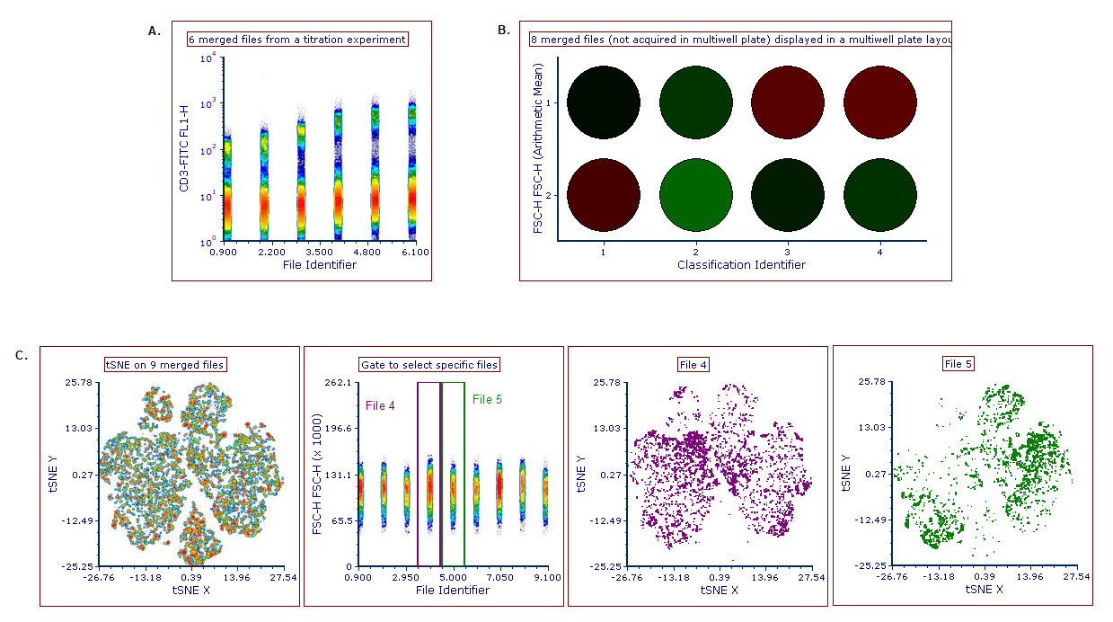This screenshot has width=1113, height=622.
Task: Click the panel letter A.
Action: pyautogui.click(x=154, y=31)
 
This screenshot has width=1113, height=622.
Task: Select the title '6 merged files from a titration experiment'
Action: pyautogui.click(x=296, y=40)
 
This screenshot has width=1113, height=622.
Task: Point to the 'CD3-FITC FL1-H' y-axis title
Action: pyautogui.click(x=183, y=148)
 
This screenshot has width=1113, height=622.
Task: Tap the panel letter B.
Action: pyautogui.click(x=503, y=31)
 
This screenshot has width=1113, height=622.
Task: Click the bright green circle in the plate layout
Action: pyautogui.click(x=695, y=194)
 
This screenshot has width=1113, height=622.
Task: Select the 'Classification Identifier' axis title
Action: pyautogui.click(x=741, y=265)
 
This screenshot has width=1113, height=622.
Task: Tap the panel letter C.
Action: pyautogui.click(x=22, y=355)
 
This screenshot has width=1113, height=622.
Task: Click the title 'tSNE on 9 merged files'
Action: pyautogui.click(x=165, y=364)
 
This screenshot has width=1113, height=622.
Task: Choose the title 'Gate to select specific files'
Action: pyautogui.click(x=428, y=364)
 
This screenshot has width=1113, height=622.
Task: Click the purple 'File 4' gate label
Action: pyautogui.click(x=380, y=405)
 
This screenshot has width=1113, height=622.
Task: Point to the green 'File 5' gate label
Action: pyautogui.click(x=487, y=399)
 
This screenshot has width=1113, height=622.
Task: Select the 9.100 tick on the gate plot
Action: pyautogui.click(x=547, y=577)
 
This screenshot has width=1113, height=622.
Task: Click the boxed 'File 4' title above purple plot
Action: pyautogui.click(x=693, y=364)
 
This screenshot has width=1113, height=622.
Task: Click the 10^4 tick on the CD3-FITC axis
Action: pyautogui.click(x=207, y=58)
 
